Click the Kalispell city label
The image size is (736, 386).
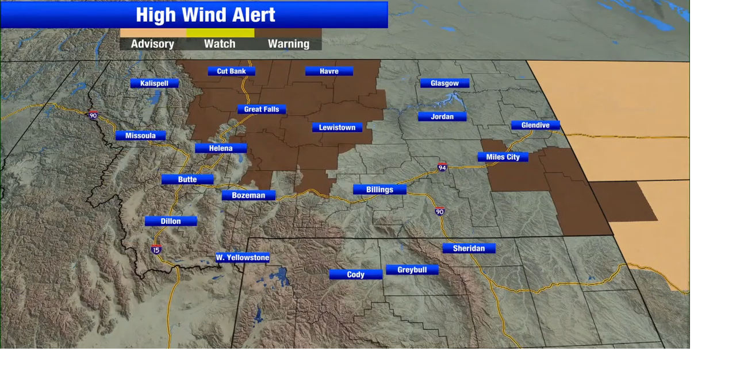tap(154, 83)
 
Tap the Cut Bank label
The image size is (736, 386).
tap(231, 71)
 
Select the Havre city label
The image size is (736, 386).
tap(329, 71)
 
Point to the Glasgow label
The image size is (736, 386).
tap(444, 83)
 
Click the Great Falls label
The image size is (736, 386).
tap(261, 109)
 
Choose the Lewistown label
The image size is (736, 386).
tap(337, 128)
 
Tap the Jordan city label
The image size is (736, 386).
tap(442, 117)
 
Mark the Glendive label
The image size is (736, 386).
tap(535, 125)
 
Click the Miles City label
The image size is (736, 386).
tap(503, 157)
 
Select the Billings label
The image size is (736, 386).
tap(379, 190)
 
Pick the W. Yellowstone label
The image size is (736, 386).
tap(242, 257)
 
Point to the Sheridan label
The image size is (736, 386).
tap(469, 248)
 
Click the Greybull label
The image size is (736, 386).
tap(412, 269)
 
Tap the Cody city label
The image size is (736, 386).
tap(355, 275)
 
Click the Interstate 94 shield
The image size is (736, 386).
tap(442, 167)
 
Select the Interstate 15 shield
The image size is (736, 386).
tap(156, 249)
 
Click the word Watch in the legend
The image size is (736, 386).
tap(220, 44)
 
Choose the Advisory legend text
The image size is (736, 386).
tap(152, 44)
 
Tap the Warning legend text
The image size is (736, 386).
tap(288, 44)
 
